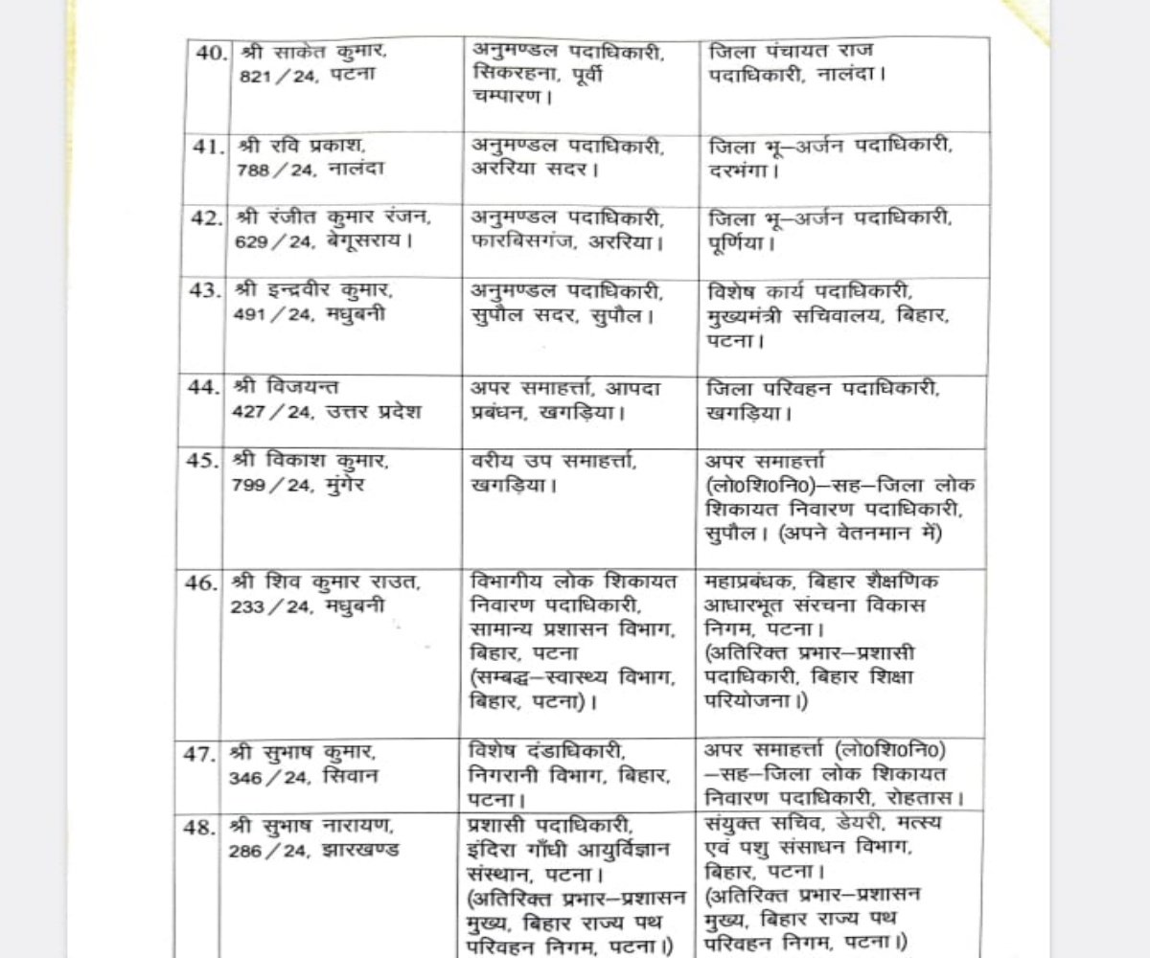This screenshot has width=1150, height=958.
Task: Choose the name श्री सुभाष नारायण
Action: [x=307, y=825]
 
